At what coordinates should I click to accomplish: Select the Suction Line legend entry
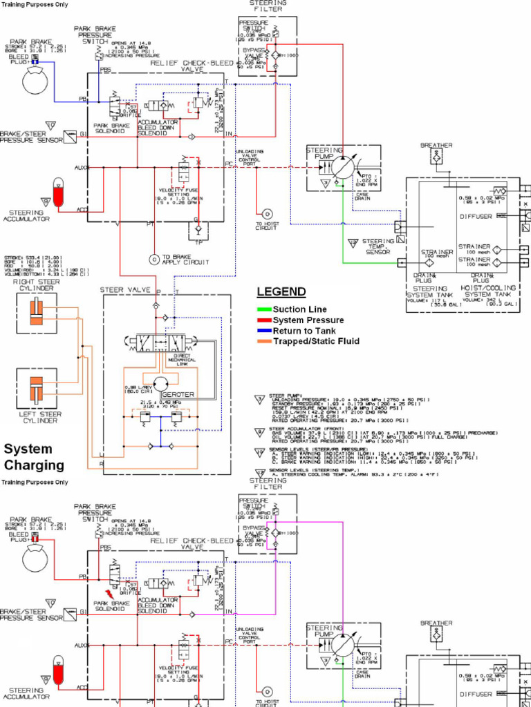(x=299, y=310)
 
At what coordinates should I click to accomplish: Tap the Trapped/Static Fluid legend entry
(x=316, y=341)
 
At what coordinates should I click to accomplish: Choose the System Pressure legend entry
(x=308, y=320)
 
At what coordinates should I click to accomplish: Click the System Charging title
(x=34, y=457)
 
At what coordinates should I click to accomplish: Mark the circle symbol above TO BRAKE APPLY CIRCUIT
(x=153, y=260)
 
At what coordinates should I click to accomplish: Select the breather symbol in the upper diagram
(x=436, y=158)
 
